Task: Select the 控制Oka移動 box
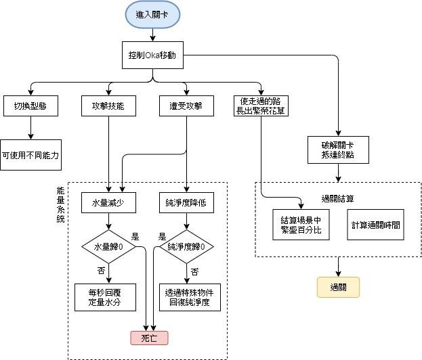156,55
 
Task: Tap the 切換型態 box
30,106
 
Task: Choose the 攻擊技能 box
108,106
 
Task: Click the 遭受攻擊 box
186,106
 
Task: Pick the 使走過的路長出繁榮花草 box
261,106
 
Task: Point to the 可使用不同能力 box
30,155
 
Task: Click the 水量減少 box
108,202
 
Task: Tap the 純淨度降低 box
186,202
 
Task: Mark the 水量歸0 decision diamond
108,246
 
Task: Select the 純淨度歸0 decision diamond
186,246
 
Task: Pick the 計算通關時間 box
375,225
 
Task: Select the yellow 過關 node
337,287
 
